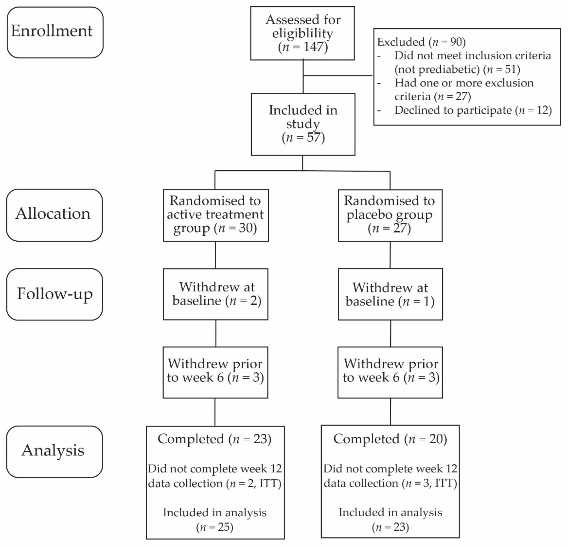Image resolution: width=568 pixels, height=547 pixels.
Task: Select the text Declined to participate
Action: click(x=453, y=110)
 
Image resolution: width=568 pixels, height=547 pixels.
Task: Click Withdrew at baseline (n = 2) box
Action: click(x=216, y=294)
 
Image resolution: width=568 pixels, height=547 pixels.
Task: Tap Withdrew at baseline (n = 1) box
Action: click(x=390, y=294)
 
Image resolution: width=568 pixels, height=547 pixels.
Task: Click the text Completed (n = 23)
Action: click(x=214, y=439)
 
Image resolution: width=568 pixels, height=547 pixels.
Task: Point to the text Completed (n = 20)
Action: click(x=390, y=439)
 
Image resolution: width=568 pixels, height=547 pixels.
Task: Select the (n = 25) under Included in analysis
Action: click(x=215, y=527)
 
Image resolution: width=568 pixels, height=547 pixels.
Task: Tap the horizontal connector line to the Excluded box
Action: click(x=338, y=76)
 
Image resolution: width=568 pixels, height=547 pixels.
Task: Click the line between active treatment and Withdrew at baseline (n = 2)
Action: click(x=215, y=255)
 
